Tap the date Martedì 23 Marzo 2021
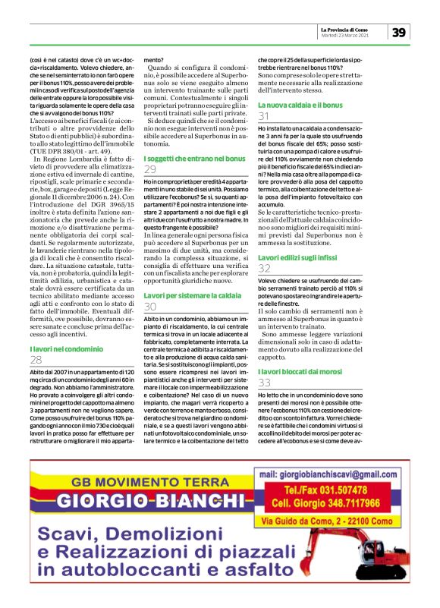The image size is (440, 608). click(344, 35)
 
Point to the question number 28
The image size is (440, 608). click(36, 359)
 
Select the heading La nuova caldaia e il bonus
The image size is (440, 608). click(300, 104)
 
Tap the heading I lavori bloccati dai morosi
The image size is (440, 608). click(303, 371)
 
